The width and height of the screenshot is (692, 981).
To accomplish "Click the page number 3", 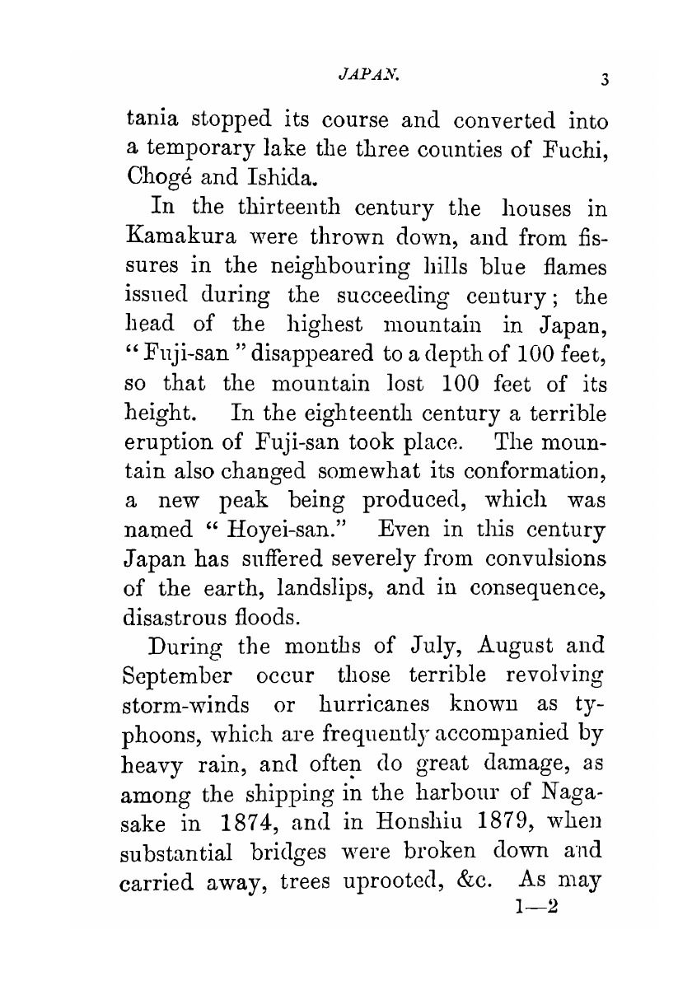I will click(x=604, y=79).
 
